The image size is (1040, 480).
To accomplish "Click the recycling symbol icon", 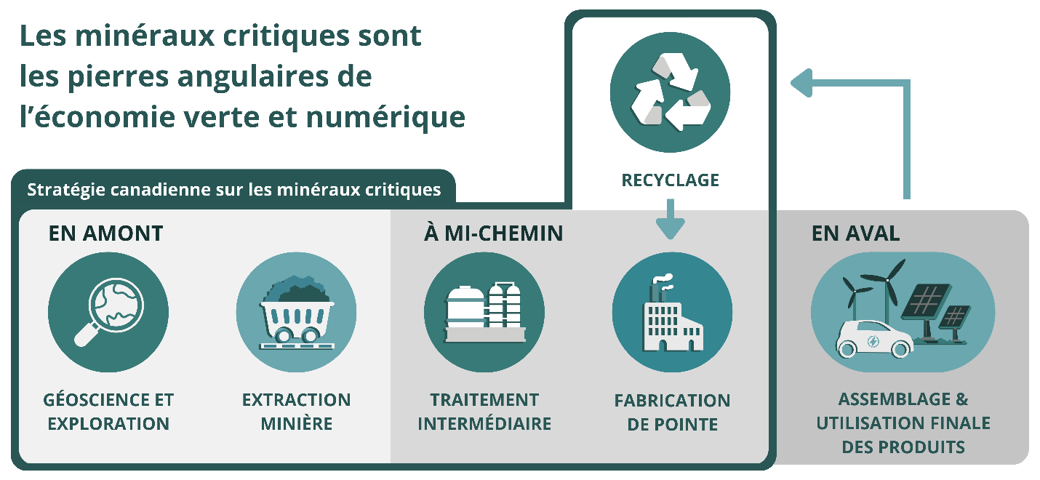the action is point(670,92).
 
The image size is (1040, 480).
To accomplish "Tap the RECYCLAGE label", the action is point(670,180).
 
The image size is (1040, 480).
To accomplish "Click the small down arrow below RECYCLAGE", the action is point(670,219).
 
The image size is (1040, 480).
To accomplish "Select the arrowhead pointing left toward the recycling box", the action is point(801,83).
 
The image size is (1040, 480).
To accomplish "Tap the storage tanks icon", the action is point(484,312).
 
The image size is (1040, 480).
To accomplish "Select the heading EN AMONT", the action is point(105,233).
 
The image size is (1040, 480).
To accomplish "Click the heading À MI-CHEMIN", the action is point(493,233).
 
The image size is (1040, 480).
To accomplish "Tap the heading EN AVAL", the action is point(855,233).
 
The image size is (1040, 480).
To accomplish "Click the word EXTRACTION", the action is point(296,400).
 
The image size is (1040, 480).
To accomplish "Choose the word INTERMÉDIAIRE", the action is point(484,423).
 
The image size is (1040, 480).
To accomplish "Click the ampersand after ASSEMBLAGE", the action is point(961,399).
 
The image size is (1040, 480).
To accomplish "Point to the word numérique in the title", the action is point(385,116).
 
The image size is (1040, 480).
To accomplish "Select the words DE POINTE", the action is point(672,424).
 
